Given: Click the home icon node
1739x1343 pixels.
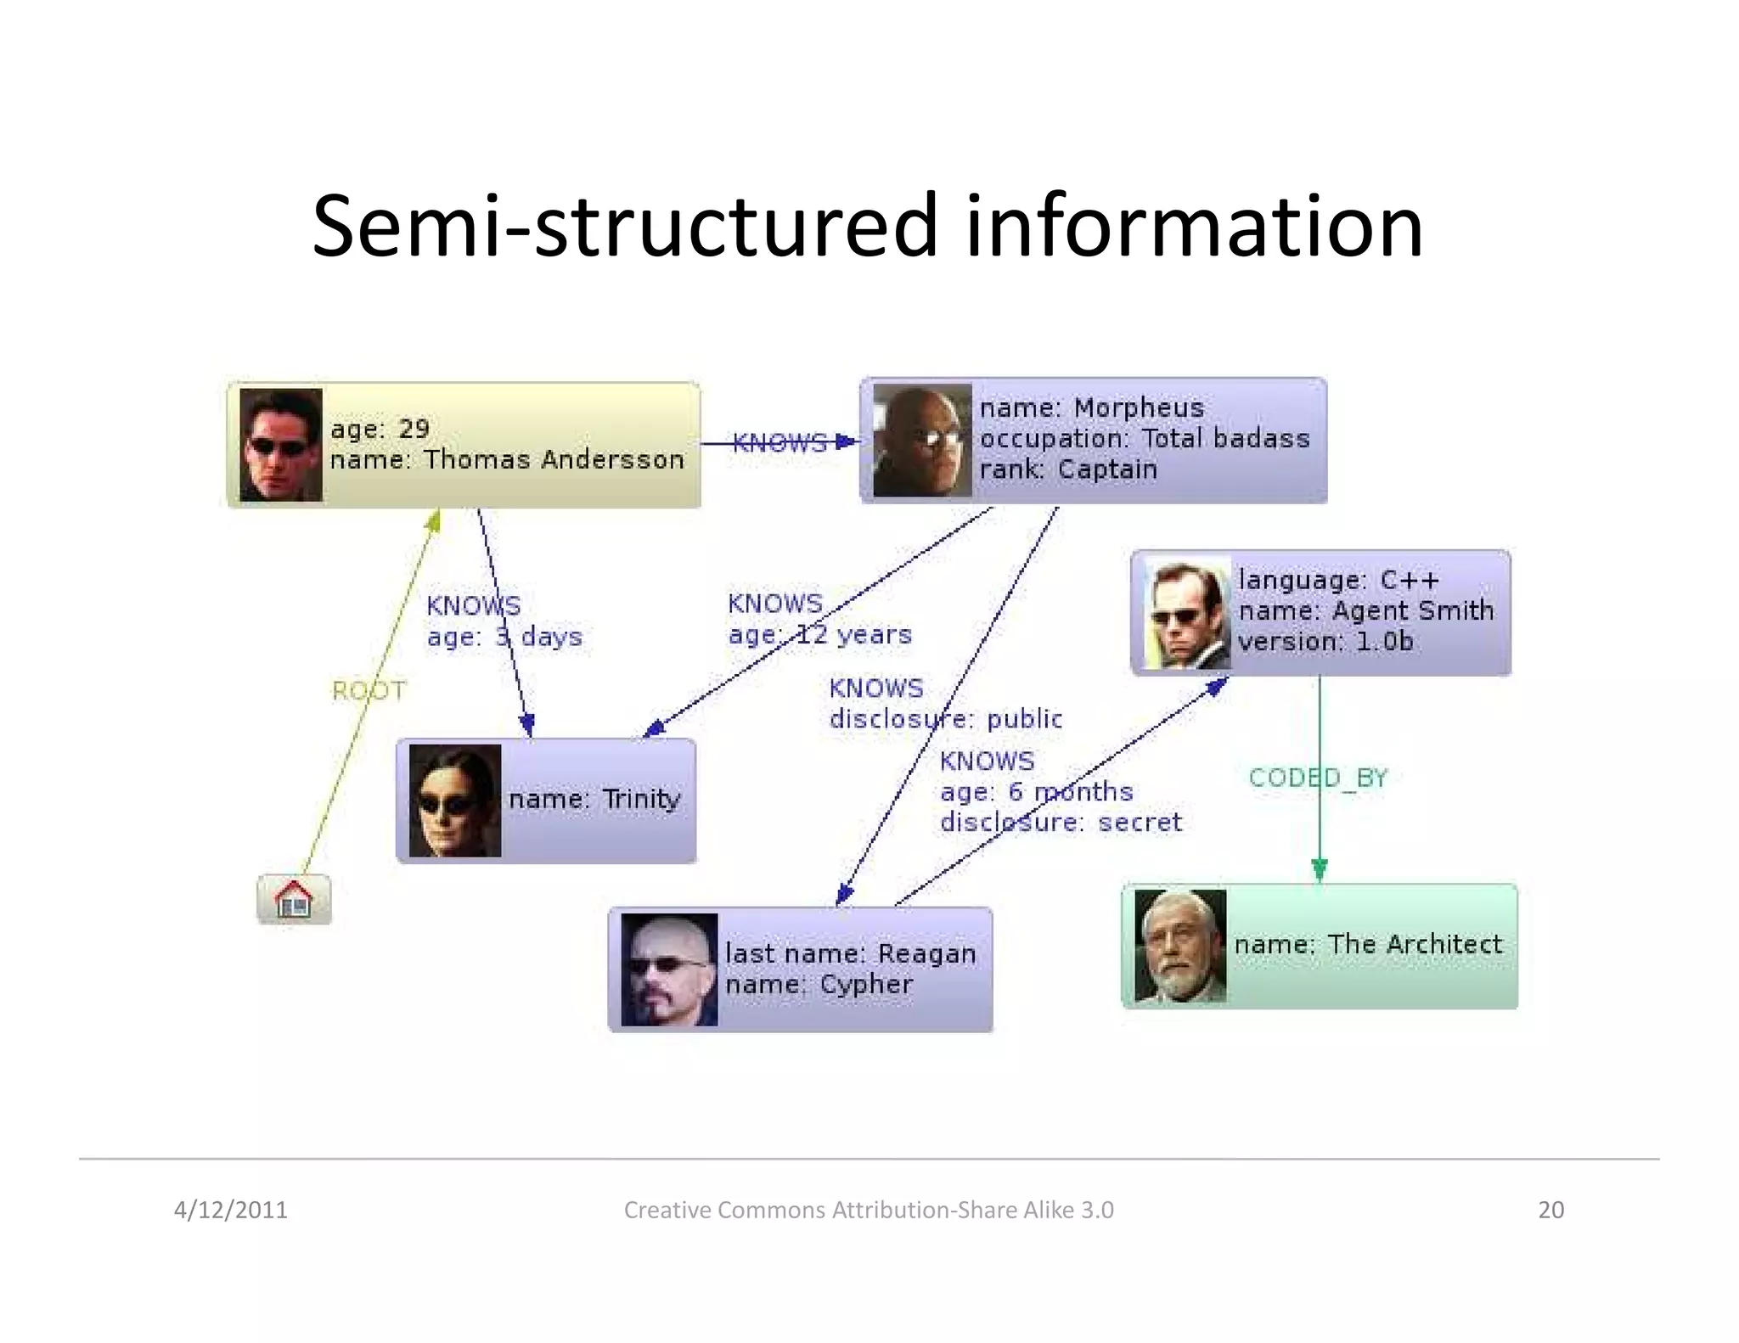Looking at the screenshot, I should (x=294, y=899).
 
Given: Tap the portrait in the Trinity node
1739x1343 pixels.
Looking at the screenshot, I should (x=455, y=801).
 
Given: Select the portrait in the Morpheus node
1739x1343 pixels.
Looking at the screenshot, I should (x=922, y=441).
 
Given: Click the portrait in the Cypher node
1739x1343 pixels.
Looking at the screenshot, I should (x=669, y=969).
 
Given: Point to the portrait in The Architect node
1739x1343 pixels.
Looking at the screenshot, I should (x=1180, y=946).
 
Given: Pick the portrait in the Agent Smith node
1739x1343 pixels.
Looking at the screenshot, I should (x=1187, y=614).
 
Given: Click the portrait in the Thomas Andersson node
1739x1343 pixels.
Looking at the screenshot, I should (x=281, y=445).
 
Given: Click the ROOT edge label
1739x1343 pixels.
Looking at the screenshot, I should (x=369, y=691).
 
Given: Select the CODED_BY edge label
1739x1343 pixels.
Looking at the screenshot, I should (x=1317, y=778).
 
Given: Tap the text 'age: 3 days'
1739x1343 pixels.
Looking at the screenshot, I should (x=504, y=637).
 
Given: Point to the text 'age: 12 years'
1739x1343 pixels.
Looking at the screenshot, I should (x=819, y=634).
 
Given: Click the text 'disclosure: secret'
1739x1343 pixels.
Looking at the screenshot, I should (x=1061, y=822).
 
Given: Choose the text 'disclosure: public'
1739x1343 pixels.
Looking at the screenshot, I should (x=945, y=719).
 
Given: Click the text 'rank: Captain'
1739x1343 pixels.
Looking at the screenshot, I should (x=1068, y=469).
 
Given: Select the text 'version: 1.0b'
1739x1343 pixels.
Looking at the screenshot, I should (x=1325, y=641).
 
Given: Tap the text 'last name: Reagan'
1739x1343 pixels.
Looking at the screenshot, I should (x=850, y=953).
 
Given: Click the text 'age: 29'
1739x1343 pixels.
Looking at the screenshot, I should (x=380, y=429).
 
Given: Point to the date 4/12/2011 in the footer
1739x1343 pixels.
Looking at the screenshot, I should (x=231, y=1210).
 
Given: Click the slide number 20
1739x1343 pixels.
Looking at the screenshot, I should (x=1550, y=1210).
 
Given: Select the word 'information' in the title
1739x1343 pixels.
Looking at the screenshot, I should (x=1193, y=226).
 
